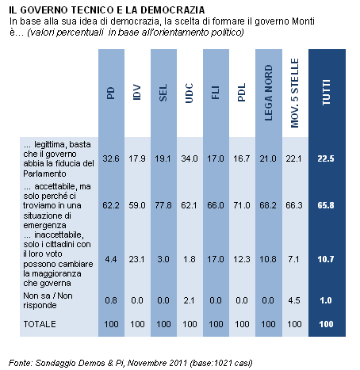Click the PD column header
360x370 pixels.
pyautogui.click(x=111, y=93)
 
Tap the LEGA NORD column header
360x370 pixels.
pyautogui.click(x=268, y=93)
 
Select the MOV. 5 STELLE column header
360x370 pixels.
pyautogui.click(x=294, y=93)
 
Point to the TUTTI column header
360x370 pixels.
pyautogui.click(x=327, y=93)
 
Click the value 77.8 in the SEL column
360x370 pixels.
pyautogui.click(x=163, y=205)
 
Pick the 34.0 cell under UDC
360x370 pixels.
pyautogui.click(x=190, y=158)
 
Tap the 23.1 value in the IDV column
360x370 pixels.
pyautogui.click(x=137, y=259)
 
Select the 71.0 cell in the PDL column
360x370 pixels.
pyautogui.click(x=242, y=205)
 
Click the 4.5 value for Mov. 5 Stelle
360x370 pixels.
pyautogui.click(x=294, y=300)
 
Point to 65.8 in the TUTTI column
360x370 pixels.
pyautogui.click(x=326, y=205)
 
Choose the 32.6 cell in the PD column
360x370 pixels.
pyautogui.click(x=111, y=158)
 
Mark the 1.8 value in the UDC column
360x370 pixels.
pyautogui.click(x=190, y=259)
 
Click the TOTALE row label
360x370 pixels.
pyautogui.click(x=40, y=324)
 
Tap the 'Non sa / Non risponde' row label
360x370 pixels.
pyautogui.click(x=48, y=300)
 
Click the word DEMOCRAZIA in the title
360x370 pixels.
pyautogui.click(x=173, y=10)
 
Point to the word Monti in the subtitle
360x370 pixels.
pyautogui.click(x=303, y=21)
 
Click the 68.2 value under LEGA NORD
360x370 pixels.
pyautogui.click(x=268, y=205)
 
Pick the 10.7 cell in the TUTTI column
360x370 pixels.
pyautogui.click(x=326, y=259)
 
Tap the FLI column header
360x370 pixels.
pyautogui.click(x=216, y=93)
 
